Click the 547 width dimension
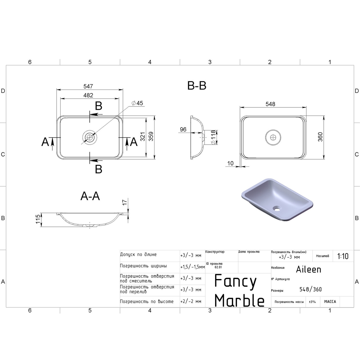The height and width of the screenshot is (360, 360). [x=88, y=86]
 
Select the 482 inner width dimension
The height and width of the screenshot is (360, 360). [x=88, y=95]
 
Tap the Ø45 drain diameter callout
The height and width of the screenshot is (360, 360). [x=137, y=103]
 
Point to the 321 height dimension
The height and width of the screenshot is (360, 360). [x=142, y=136]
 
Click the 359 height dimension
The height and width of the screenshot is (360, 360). [x=151, y=136]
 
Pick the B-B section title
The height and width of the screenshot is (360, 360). [x=197, y=86]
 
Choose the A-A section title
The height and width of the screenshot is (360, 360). [x=90, y=196]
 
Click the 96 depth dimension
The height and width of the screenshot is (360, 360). [x=183, y=129]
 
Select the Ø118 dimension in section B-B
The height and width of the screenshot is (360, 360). [x=213, y=137]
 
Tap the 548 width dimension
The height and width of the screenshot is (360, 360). [x=270, y=104]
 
